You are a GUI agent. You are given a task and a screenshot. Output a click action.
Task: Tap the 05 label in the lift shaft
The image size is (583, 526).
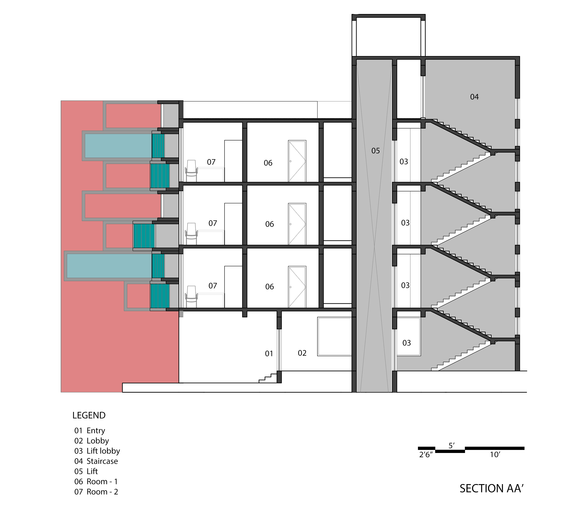click(x=375, y=151)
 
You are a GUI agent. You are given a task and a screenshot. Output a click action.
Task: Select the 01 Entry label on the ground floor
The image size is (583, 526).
click(x=269, y=353)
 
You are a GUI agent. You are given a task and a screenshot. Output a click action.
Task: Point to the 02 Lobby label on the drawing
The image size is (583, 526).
click(x=302, y=353)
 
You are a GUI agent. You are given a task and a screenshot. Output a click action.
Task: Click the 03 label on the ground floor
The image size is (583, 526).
click(x=406, y=343)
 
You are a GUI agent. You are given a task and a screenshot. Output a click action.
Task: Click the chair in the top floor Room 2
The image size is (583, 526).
click(x=191, y=171)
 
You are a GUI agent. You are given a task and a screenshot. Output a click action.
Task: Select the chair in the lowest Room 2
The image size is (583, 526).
click(x=191, y=297)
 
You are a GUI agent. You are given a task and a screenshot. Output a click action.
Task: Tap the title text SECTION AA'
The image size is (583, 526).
click(x=491, y=488)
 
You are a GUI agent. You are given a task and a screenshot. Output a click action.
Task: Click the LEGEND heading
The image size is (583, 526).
click(x=89, y=415)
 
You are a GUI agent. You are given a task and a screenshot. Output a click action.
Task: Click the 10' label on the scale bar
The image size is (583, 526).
click(x=495, y=455)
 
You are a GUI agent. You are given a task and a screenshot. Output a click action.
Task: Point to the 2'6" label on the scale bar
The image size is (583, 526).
click(x=426, y=455)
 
